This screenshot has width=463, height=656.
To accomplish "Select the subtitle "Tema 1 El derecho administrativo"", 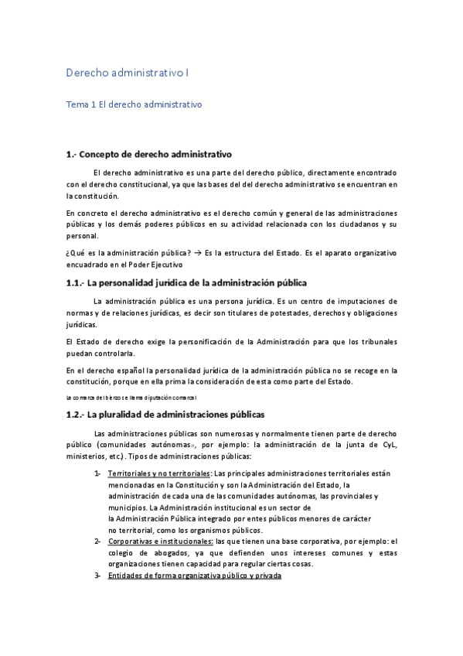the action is (134, 104).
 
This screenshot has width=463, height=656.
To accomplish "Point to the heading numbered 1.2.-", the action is (165, 414).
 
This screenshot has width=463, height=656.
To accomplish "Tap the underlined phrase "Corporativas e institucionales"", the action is (161, 542).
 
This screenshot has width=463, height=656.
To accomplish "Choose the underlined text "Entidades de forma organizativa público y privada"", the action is (195, 576).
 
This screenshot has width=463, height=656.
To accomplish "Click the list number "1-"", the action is (97, 473).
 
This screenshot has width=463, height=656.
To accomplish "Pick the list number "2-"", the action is (97, 542).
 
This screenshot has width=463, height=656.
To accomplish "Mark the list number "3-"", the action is (97, 576).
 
